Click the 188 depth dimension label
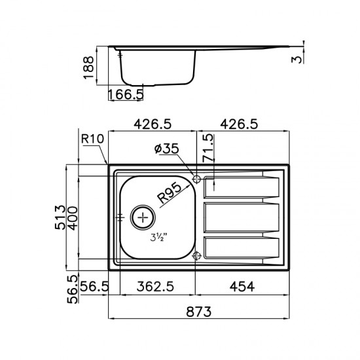88,67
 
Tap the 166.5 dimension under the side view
126,94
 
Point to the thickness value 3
297,59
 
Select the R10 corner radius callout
92,139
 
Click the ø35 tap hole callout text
167,149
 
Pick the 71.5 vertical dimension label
207,148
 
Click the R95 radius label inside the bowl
170,193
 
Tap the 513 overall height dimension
60,217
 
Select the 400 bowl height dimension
73,218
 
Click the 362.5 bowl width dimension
155,287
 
